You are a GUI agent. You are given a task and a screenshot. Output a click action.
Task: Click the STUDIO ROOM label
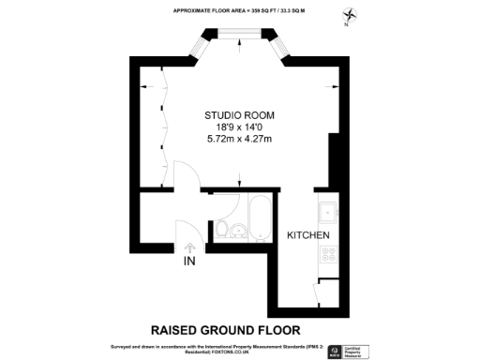tap(238, 115)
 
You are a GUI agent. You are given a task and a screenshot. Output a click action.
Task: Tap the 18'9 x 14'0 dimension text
tap(238, 127)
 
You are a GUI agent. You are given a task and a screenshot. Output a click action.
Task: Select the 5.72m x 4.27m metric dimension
tap(238, 140)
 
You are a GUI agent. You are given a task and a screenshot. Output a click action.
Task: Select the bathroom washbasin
tap(237, 231)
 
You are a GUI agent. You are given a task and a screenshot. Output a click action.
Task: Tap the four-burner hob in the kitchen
tap(329, 254)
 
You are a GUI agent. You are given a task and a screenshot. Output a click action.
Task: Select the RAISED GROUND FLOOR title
tap(226, 330)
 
